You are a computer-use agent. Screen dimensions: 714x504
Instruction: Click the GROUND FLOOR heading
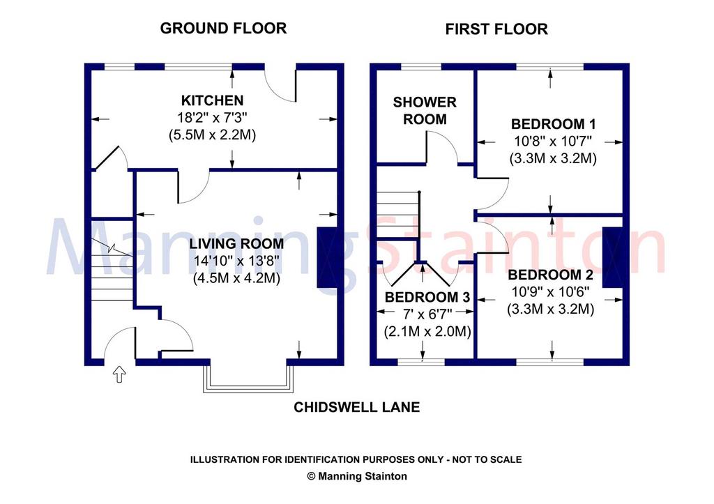[x=223, y=28]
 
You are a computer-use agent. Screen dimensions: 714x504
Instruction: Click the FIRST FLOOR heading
[x=496, y=29]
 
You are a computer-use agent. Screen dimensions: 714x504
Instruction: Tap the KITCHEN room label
[x=212, y=100]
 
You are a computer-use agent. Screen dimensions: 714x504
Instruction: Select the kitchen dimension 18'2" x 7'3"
[x=212, y=118]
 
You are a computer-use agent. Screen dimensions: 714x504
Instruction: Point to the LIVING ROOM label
[x=236, y=243]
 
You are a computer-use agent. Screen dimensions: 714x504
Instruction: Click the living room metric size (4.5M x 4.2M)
[x=236, y=277]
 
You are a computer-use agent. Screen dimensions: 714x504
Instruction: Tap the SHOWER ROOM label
[x=425, y=111]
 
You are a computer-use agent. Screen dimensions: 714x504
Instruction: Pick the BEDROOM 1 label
[x=553, y=124]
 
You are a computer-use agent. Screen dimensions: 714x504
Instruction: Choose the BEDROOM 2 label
[x=551, y=275]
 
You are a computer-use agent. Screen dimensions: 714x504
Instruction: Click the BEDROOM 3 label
[x=427, y=297]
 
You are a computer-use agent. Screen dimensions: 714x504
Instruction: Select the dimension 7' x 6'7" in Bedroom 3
[x=427, y=314]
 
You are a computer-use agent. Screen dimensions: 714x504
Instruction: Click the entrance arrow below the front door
[x=119, y=374]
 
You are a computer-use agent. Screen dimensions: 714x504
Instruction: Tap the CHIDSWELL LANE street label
[x=356, y=407]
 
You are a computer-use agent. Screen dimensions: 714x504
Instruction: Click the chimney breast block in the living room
[x=327, y=257]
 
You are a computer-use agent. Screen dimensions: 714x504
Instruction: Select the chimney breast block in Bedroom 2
[x=612, y=257]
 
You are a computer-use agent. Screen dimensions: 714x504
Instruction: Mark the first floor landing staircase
[x=397, y=214]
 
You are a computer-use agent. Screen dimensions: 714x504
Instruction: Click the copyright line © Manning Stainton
[x=357, y=476]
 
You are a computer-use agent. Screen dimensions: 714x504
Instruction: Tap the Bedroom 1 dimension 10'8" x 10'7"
[x=553, y=141]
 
